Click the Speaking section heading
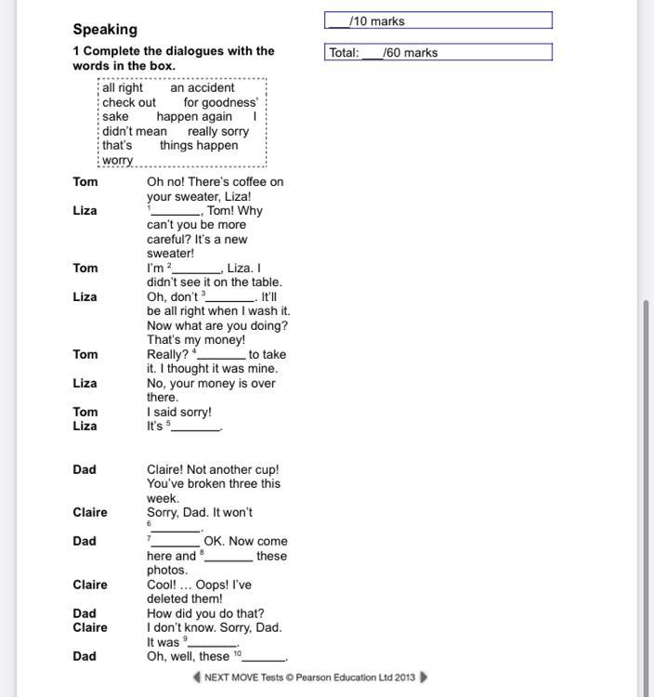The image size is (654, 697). [x=105, y=30]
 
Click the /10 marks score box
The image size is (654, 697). [x=438, y=20]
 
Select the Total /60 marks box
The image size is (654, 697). [x=438, y=52]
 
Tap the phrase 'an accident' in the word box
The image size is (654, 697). [x=203, y=88]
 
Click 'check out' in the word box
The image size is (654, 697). [x=129, y=102]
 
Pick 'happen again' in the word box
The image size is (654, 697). [x=194, y=117]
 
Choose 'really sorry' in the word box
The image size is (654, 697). [x=218, y=131]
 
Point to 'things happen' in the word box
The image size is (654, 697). [x=199, y=146]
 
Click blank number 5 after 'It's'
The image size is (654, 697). [x=195, y=428]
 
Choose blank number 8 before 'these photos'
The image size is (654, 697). [x=229, y=558]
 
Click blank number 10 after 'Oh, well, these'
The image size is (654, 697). [x=263, y=658]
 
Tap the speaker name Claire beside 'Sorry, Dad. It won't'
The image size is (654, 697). [x=90, y=513]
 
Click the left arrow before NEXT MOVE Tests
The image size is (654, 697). [x=197, y=677]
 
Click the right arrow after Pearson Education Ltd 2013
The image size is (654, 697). [x=425, y=677]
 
